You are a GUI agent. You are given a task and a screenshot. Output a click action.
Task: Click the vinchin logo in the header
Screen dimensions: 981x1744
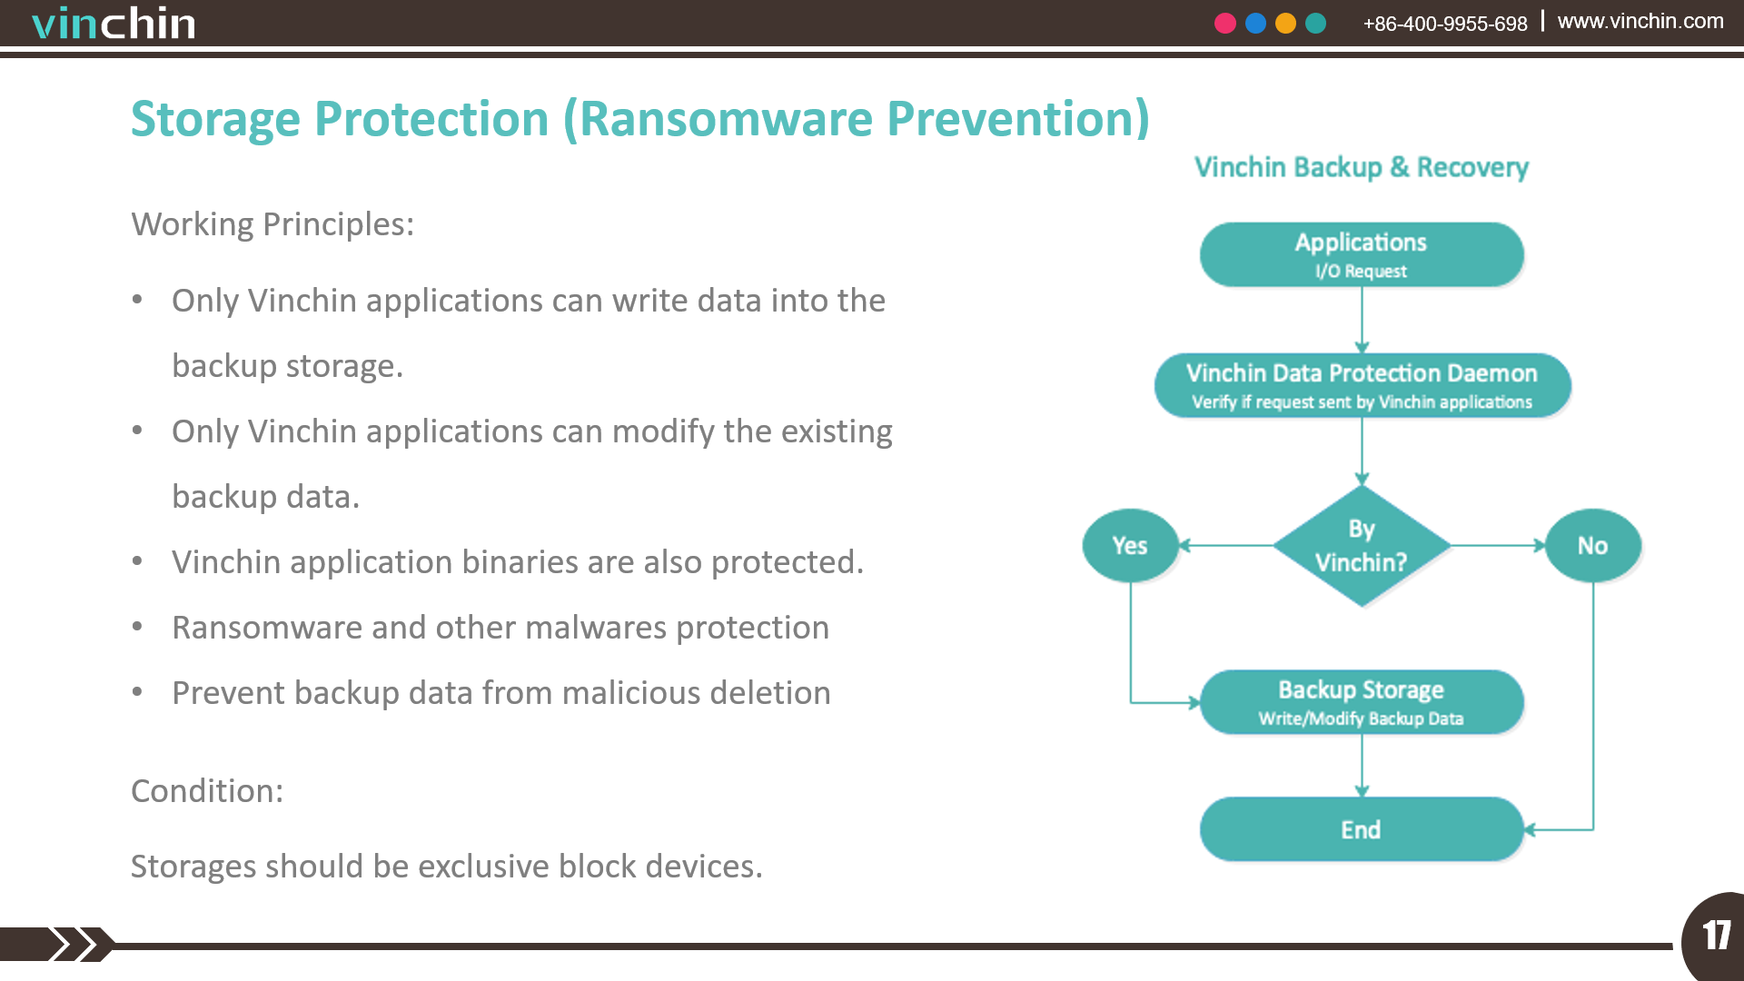[114, 24]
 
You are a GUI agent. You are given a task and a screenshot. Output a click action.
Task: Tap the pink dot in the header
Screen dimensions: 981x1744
[1225, 24]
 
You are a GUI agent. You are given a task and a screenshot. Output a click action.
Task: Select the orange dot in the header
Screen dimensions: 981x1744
[1285, 24]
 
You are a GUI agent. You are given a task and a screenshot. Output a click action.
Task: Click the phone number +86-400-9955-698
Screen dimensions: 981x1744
[1444, 24]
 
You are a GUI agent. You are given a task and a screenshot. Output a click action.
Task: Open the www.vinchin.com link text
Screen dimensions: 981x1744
[1640, 21]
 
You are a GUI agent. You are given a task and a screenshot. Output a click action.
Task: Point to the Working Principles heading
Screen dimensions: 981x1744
[272, 224]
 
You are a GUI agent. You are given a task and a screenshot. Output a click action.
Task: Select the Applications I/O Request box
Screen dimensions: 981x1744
[1361, 254]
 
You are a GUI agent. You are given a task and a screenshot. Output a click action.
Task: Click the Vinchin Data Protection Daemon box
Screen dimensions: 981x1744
[1361, 385]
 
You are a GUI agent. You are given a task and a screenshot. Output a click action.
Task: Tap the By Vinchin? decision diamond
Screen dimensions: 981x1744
[1361, 545]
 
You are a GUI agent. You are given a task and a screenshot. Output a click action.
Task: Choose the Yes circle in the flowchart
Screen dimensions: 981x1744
[1130, 545]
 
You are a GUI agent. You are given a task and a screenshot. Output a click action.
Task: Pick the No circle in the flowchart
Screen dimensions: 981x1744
[1592, 545]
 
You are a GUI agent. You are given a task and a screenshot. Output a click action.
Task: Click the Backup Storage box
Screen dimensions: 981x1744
[1361, 702]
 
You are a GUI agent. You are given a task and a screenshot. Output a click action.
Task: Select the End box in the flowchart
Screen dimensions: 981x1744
[1361, 828]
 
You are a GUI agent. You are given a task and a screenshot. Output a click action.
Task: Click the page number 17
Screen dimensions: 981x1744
[1716, 936]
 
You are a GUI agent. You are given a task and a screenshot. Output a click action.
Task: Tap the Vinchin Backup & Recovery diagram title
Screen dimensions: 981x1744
[1361, 167]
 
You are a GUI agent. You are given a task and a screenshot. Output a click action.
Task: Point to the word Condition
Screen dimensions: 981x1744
[206, 790]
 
